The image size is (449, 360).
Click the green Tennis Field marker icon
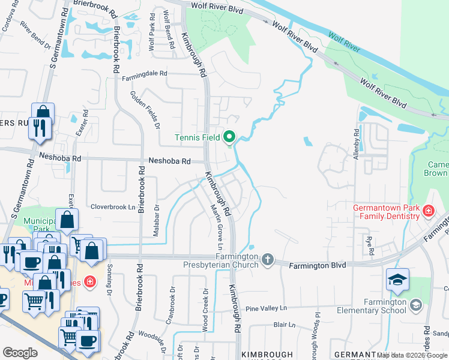[x=229, y=138]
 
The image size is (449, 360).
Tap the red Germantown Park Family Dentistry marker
[x=428, y=211]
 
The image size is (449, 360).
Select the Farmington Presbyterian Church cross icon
[x=268, y=260]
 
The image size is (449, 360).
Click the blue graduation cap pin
[x=397, y=280]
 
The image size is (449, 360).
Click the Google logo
[x=20, y=353]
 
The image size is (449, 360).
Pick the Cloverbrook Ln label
[x=113, y=207]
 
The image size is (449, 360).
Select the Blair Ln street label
[x=284, y=325]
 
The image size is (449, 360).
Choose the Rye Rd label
[x=370, y=244]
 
